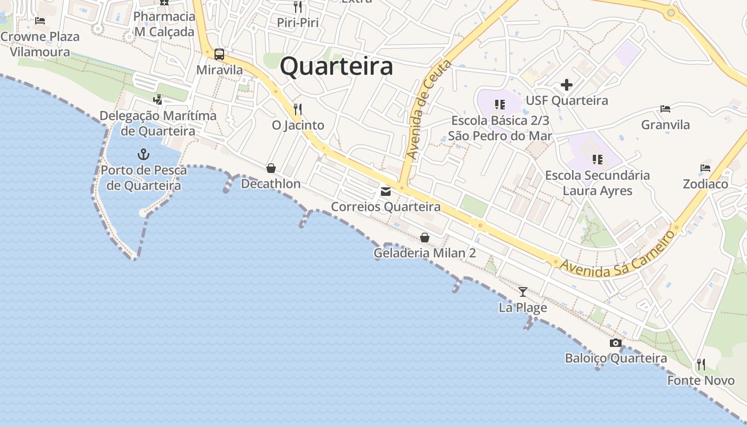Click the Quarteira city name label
click(x=336, y=67)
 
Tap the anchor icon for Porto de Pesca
click(x=143, y=155)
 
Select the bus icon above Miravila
click(x=219, y=54)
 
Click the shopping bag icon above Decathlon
click(x=271, y=168)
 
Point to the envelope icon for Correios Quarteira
click(x=385, y=191)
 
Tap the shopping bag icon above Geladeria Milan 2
click(x=425, y=237)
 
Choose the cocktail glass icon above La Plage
click(x=523, y=291)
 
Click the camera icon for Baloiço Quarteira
click(x=616, y=343)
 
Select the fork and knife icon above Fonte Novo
click(x=701, y=365)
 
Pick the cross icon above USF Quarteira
click(x=567, y=85)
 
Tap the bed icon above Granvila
click(x=665, y=109)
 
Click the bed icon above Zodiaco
click(x=705, y=168)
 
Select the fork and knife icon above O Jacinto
click(x=298, y=109)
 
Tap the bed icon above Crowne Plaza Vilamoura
click(x=40, y=21)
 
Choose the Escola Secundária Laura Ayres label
click(x=597, y=183)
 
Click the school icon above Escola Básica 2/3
click(x=499, y=105)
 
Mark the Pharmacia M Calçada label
click(x=164, y=24)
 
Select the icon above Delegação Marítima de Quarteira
click(x=157, y=99)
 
